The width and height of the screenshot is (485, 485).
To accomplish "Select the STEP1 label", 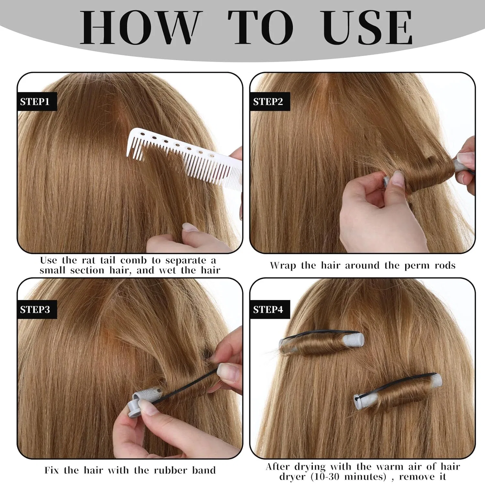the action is tap(35, 102).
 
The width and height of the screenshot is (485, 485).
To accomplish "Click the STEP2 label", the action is tap(268, 102).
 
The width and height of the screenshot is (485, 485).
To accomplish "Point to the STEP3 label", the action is tap(35, 310).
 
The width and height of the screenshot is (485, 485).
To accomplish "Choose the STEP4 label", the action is tap(268, 310).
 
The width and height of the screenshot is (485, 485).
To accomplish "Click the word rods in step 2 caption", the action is tap(445, 266).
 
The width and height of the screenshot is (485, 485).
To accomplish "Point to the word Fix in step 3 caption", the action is tap(52, 470).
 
